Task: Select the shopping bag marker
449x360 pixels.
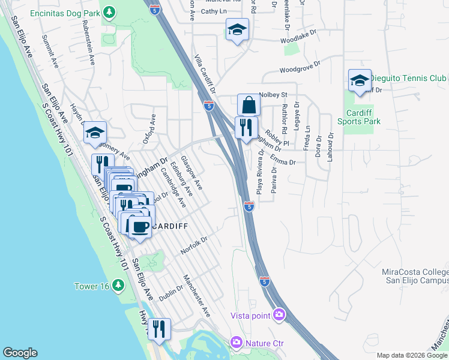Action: (x=248, y=106)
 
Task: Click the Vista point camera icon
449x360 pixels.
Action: (x=279, y=314)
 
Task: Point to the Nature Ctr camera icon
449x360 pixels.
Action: (x=237, y=343)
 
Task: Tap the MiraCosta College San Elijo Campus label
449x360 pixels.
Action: (x=415, y=277)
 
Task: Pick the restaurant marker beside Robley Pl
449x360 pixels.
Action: (x=246, y=128)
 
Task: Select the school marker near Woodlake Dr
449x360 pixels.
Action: (x=237, y=29)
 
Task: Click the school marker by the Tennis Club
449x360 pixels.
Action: (x=359, y=81)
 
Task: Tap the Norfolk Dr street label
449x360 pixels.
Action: (x=194, y=244)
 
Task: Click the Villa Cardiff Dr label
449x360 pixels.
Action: (x=205, y=75)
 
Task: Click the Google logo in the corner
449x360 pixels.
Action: (x=20, y=353)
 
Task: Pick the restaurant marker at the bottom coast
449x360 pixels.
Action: (x=159, y=329)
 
